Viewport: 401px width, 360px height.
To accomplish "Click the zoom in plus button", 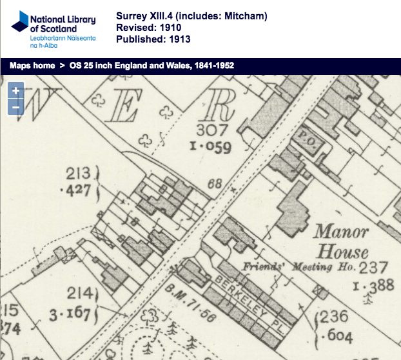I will [15, 91].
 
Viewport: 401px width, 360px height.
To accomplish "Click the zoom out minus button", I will [15, 106].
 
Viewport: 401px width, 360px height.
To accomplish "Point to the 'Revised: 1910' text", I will [148, 28].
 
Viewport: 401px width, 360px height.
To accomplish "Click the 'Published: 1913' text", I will [153, 39].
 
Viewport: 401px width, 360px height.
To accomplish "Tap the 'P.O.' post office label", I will [306, 137].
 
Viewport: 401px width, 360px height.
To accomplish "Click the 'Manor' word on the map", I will [341, 232].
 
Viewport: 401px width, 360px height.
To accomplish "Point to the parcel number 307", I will [214, 130].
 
